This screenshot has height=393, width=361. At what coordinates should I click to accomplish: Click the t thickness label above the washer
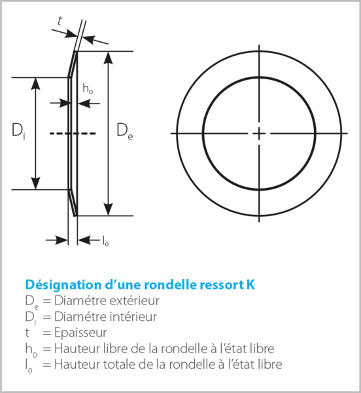(x=60, y=21)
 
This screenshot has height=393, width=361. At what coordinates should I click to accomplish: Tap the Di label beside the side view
(x=18, y=132)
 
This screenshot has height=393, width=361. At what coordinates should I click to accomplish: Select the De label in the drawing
(x=125, y=132)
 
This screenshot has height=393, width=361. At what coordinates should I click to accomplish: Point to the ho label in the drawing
(x=88, y=88)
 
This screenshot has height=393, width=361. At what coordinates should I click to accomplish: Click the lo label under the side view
(x=106, y=241)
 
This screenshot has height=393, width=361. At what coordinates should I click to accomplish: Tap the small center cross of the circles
(x=259, y=134)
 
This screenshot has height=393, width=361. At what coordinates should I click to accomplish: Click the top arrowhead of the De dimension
(x=108, y=58)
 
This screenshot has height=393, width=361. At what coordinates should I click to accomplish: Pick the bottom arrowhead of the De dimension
(x=108, y=210)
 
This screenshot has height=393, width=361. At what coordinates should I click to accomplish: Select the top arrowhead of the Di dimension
(x=36, y=84)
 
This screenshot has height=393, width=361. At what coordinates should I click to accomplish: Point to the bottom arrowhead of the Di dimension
(x=36, y=183)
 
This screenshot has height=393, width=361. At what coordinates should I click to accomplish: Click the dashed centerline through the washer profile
(x=73, y=134)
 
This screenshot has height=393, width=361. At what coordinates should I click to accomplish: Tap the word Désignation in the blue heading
(x=63, y=285)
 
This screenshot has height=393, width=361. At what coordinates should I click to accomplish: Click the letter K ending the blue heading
(x=250, y=285)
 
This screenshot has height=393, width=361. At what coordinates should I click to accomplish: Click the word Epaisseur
(x=80, y=333)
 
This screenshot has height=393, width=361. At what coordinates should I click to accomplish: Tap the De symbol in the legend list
(x=31, y=301)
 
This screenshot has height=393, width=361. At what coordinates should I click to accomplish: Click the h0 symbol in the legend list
(x=31, y=350)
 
